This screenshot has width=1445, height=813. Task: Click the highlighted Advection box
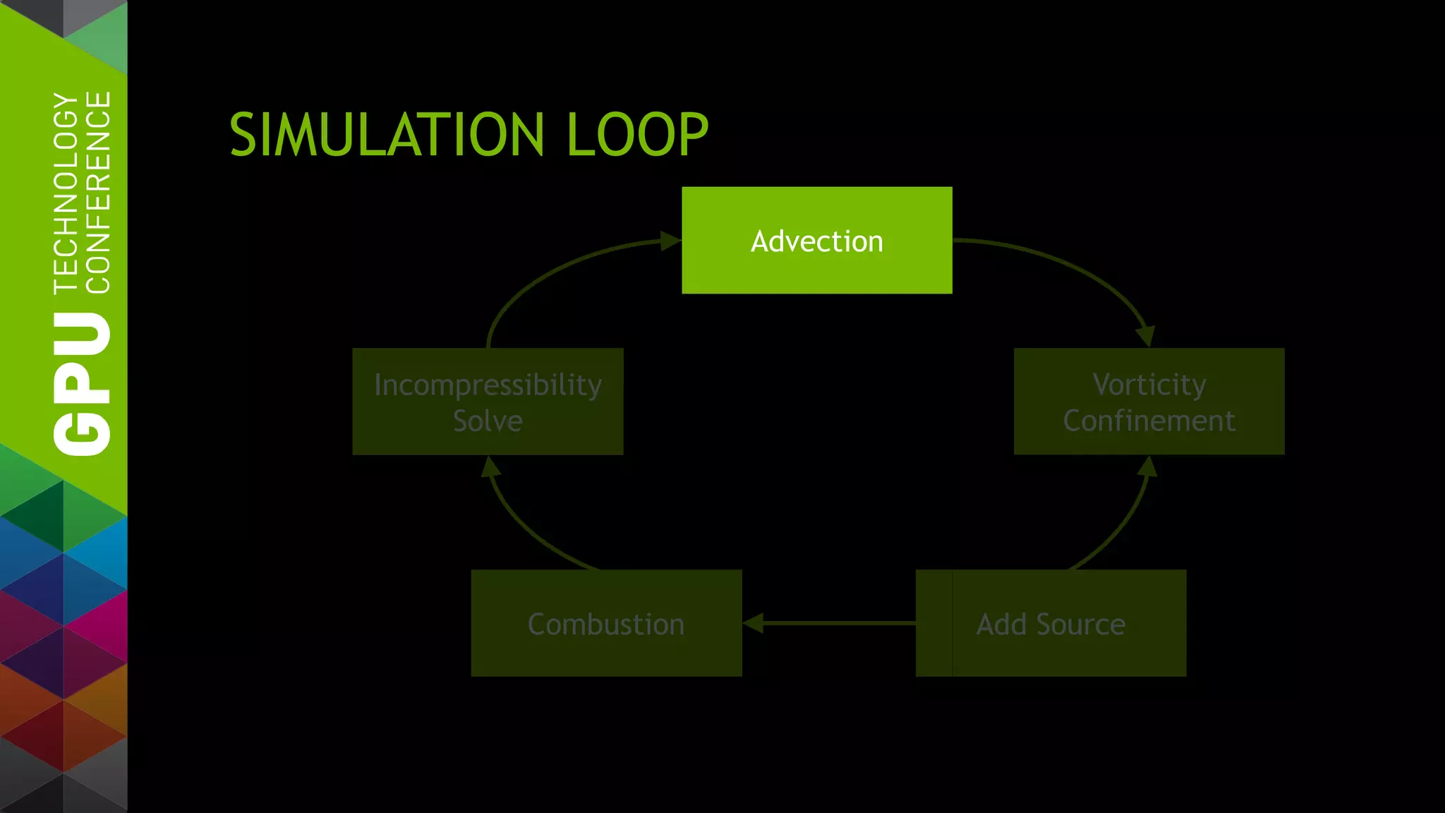816,240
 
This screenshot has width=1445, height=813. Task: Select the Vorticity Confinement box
1149,401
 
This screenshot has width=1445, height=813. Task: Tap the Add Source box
1051,623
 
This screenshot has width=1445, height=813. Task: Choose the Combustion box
606,623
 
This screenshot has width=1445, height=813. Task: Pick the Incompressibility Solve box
488,401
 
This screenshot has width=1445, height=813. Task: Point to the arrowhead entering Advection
670,241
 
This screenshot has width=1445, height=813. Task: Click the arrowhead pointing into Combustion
753,623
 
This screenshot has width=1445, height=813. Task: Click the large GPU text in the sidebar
83,385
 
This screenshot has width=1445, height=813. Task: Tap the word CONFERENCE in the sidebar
98,192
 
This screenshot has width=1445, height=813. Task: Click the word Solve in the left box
488,421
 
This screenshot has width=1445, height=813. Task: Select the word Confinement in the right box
1149,421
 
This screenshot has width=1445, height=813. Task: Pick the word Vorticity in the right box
1149,385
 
